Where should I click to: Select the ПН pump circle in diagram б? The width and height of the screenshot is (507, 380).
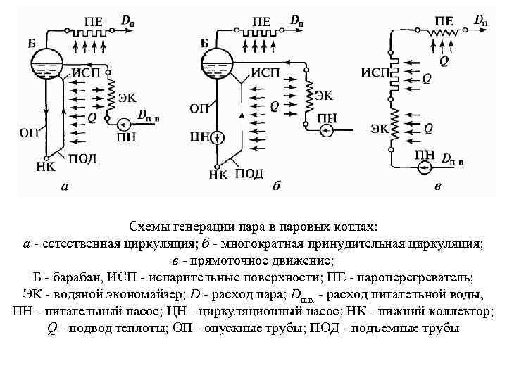(326, 132)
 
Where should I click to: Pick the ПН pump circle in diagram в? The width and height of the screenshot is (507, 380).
(424, 168)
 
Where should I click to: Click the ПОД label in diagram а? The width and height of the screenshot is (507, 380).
(82, 159)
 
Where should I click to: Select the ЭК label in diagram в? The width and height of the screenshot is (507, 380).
(379, 128)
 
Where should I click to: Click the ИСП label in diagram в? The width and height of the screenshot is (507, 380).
(375, 73)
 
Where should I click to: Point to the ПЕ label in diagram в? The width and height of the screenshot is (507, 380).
(444, 21)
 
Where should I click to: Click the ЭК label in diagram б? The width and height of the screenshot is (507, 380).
(323, 95)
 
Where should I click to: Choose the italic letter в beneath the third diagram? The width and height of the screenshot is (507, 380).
(438, 186)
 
